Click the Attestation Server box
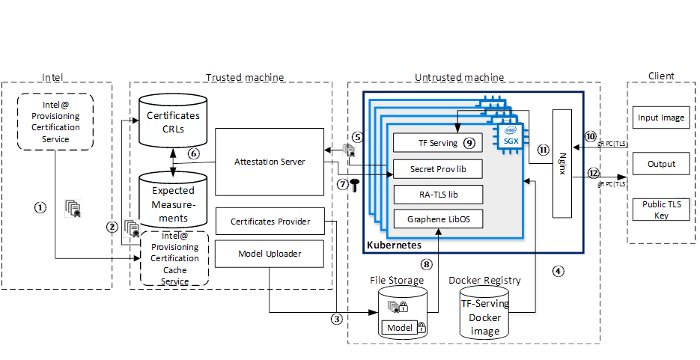click(270, 161)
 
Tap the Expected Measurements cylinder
click(173, 199)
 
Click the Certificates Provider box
click(270, 222)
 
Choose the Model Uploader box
click(270, 254)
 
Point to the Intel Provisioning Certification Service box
click(55, 123)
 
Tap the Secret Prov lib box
click(437, 169)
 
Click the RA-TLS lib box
click(437, 195)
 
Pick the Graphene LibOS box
click(437, 219)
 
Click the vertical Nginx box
click(562, 163)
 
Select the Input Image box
click(661, 118)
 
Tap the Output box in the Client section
click(661, 164)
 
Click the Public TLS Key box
click(661, 210)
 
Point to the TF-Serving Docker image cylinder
click(485, 314)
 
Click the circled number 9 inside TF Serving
click(469, 142)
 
